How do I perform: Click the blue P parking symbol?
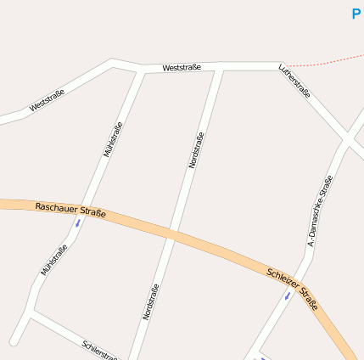pos(356,14)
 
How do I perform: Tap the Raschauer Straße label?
pos(70,210)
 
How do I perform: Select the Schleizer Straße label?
pos(292,284)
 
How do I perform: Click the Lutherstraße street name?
pos(294,82)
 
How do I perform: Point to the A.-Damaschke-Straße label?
pos(320,211)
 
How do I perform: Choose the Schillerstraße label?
pos(100,350)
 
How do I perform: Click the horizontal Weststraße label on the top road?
pos(182,66)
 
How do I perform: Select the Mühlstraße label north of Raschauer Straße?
pos(113,138)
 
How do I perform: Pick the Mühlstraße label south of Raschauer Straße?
pos(53,260)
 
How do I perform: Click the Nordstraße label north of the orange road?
pos(196,150)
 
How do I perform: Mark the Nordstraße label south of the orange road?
pos(151,301)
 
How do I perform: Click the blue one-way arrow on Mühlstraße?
pos(78,223)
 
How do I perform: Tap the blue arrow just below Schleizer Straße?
pos(287,296)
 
